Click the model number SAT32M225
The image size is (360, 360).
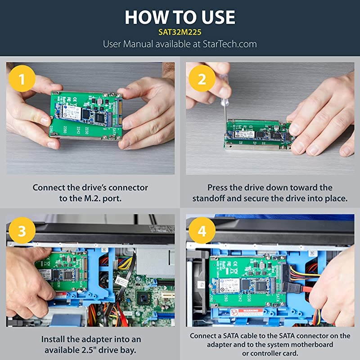[180, 32]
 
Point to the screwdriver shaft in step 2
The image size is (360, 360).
[224, 110]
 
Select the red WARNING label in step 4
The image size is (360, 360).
[248, 310]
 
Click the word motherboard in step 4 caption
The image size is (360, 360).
[310, 344]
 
